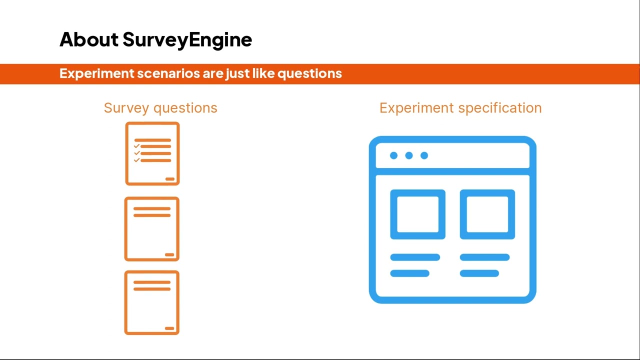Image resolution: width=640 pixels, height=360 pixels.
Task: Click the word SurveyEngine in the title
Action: click(187, 40)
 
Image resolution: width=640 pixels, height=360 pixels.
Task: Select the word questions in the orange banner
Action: click(309, 74)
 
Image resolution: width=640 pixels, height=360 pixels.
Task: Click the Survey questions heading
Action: click(160, 108)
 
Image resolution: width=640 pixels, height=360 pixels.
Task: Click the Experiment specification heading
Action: click(460, 108)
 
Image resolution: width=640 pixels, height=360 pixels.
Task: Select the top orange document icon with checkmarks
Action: click(152, 153)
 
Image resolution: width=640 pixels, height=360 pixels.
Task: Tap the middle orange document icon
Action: click(152, 229)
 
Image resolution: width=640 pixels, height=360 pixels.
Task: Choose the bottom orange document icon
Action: click(152, 302)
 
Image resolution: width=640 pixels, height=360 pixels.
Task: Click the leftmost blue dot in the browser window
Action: click(393, 155)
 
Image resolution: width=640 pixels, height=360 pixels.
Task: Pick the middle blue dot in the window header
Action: click(409, 155)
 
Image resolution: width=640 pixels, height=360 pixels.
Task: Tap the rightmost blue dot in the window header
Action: click(424, 155)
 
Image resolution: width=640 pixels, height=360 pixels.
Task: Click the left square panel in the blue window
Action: click(417, 214)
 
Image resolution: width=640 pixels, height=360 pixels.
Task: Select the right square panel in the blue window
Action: click(487, 214)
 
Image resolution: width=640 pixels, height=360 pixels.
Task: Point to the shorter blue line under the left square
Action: click(409, 273)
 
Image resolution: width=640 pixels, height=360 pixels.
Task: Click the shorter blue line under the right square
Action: click(479, 273)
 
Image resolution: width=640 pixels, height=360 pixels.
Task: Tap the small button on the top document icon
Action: click(169, 179)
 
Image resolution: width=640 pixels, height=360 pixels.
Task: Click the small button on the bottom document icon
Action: click(169, 328)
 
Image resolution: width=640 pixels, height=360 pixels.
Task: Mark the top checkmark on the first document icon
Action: click(136, 146)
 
